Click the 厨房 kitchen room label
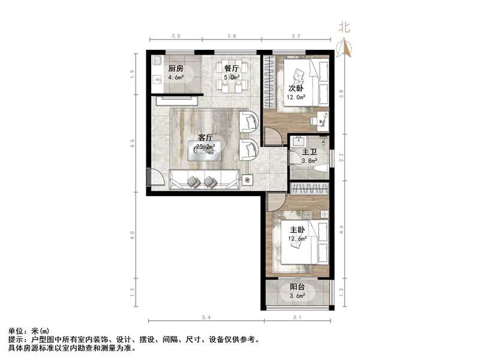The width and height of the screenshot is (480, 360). click(175, 68)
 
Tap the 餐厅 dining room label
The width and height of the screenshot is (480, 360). click(233, 68)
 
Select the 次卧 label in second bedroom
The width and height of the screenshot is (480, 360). click(294, 88)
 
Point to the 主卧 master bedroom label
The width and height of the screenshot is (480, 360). click(298, 230)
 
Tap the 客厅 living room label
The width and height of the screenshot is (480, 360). click(206, 137)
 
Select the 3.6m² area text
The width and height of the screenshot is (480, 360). click(298, 295)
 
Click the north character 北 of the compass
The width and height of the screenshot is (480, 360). click(344, 27)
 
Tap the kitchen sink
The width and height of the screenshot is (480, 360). click(158, 61)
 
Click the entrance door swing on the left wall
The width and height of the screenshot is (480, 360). click(155, 178)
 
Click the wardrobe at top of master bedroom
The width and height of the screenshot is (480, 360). click(309, 188)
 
